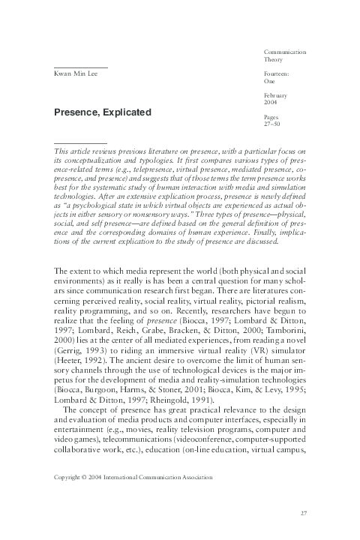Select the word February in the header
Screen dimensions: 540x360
pyautogui.click(x=277, y=97)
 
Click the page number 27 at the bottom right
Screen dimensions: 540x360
pyautogui.click(x=304, y=513)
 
